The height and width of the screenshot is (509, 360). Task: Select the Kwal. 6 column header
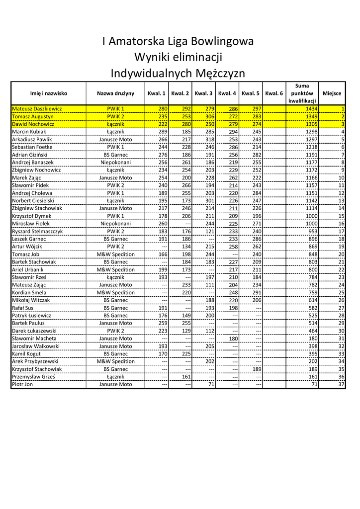point(274,93)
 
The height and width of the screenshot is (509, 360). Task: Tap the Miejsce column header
point(332,93)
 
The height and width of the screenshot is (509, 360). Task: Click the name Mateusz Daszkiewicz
point(37,108)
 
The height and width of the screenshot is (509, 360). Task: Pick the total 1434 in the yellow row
point(312,108)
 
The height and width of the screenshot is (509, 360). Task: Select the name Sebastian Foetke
point(32,147)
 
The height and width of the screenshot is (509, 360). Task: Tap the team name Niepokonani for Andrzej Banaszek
point(115,162)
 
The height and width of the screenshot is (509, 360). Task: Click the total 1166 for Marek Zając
point(312,177)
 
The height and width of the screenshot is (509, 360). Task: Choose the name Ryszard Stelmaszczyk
point(37,231)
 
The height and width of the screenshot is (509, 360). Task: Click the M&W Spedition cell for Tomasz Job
point(115,254)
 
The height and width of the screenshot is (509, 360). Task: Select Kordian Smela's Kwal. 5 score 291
point(256,292)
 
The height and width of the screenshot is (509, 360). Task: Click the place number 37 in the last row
point(341,384)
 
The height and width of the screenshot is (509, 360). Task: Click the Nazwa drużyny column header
point(115,93)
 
